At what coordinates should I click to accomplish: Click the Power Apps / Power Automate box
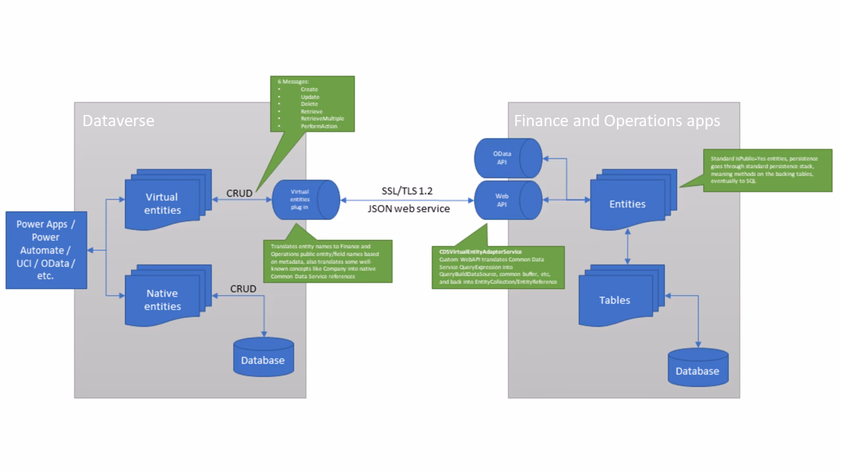[46, 250]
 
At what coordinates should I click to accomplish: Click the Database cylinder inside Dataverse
[263, 358]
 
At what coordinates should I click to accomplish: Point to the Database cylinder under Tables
[697, 369]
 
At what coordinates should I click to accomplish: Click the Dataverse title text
[118, 121]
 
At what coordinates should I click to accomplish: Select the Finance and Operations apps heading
[616, 121]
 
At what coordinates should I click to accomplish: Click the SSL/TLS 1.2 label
[407, 191]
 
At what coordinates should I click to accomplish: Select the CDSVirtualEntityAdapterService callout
[498, 267]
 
